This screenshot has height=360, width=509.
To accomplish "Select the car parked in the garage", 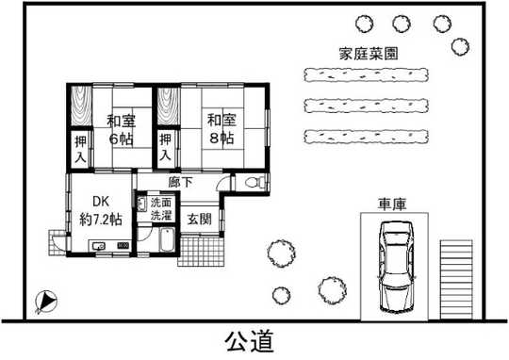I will tap(395, 268).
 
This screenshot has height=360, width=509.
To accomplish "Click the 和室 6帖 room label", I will tap(119, 129).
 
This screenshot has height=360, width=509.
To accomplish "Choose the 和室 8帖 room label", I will tap(221, 129).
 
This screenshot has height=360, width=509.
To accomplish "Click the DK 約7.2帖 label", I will tap(100, 210).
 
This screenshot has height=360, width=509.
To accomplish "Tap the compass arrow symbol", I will tap(44, 302).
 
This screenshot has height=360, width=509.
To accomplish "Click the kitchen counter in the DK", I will tap(107, 247).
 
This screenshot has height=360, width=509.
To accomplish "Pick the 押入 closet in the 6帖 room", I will tap(82, 149).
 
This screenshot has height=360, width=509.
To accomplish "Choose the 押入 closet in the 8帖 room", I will tap(167, 149).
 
